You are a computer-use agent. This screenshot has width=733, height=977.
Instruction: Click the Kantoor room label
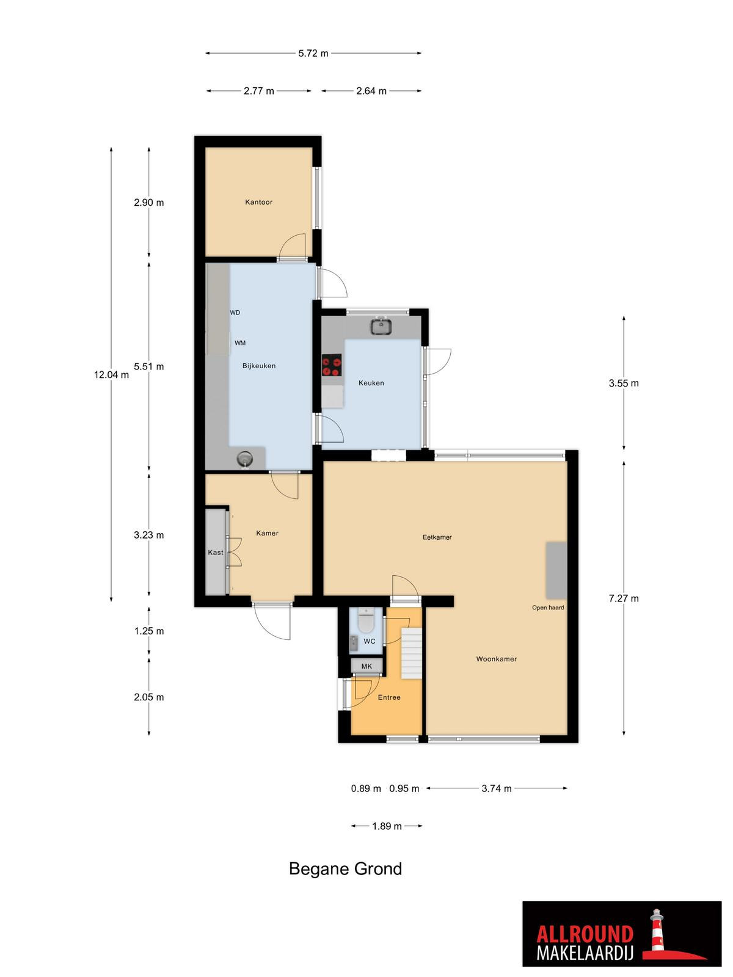[x=258, y=202]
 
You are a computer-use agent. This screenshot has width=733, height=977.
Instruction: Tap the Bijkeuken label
[x=259, y=366]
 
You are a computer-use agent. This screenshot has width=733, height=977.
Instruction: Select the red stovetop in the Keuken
[x=332, y=365]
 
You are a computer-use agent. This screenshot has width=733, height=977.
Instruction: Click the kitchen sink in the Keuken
[x=381, y=326]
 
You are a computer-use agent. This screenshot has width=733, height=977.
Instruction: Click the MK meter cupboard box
[x=366, y=666]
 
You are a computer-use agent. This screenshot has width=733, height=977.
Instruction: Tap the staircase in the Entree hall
[x=412, y=653]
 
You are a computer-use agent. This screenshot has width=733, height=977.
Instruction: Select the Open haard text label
[x=548, y=608]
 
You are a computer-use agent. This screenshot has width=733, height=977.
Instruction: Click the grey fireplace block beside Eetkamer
[x=556, y=570]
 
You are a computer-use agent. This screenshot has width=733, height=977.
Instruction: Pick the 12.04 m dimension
[x=111, y=375]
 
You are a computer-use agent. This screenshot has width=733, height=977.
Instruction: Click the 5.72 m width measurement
[x=313, y=53]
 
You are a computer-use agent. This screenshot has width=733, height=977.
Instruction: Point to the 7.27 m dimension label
[x=624, y=598]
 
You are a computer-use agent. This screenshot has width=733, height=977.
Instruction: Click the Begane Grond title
[x=345, y=869]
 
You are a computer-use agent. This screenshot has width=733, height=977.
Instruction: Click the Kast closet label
[x=216, y=553]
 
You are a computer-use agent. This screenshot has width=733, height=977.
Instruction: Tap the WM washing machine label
[x=240, y=343]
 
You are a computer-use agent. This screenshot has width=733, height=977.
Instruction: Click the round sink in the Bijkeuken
[x=244, y=459]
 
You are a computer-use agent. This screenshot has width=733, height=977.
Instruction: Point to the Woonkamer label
[x=496, y=659]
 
